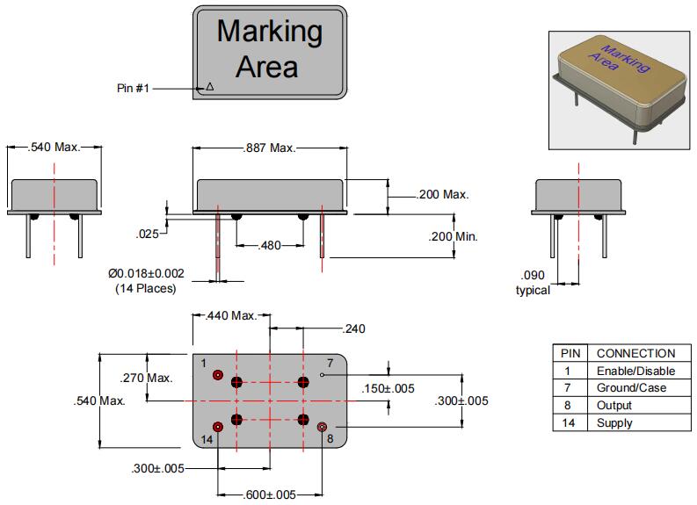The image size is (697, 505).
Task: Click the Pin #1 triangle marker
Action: point(209,87)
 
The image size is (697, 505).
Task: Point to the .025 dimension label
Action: point(147,234)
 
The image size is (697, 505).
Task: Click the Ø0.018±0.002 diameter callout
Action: point(146,274)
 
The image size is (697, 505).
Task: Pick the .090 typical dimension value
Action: point(533,275)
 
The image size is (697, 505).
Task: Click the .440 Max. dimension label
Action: point(231,316)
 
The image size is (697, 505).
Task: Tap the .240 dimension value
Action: point(353,328)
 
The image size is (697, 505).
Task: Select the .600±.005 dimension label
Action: point(269,495)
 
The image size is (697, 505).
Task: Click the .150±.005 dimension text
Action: point(388,388)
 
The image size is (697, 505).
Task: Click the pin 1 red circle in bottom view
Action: point(218,376)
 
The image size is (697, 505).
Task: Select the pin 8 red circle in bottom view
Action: point(322,427)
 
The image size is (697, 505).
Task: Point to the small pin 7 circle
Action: point(323,376)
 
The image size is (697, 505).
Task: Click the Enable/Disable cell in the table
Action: point(630,371)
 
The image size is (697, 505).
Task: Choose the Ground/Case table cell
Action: point(630,388)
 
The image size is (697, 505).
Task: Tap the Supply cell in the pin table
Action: point(614,423)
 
